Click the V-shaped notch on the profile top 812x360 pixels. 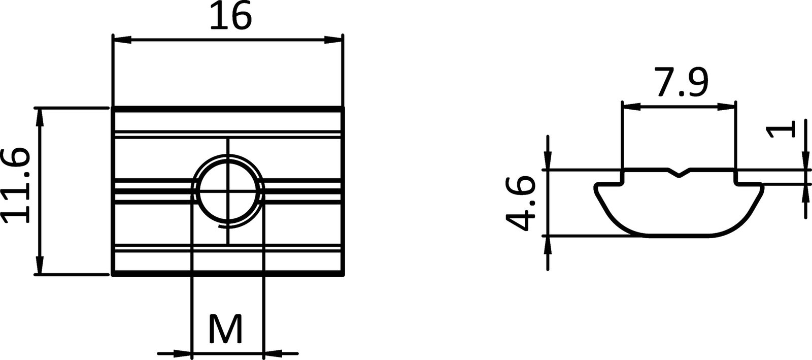[679, 173]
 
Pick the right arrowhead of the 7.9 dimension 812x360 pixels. [726, 107]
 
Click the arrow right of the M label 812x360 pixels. [274, 352]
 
